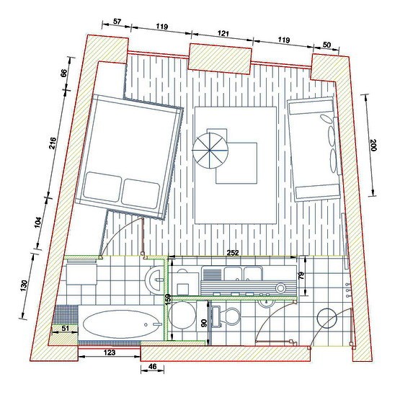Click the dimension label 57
117,22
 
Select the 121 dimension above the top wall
223,34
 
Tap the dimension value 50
326,45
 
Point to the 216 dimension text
53,143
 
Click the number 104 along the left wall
38,223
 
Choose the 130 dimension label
24,286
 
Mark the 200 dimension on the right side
373,146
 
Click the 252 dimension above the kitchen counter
233,253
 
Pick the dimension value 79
301,275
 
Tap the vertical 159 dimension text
168,300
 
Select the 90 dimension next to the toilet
204,324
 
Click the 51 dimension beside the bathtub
66,328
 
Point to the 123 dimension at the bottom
110,352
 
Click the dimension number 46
153,367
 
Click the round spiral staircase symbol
210,151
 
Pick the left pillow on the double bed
103,187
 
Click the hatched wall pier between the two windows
221,59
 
